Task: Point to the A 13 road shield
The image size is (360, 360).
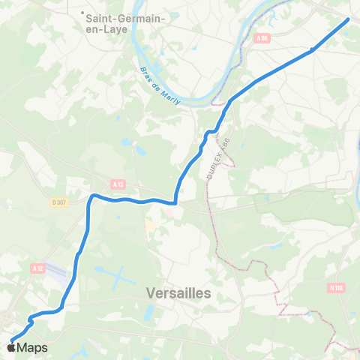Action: click(x=117, y=183)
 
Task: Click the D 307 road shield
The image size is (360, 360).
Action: click(x=59, y=202)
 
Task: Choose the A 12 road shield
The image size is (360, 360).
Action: click(x=39, y=267)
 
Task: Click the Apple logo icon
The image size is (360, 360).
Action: click(x=12, y=347)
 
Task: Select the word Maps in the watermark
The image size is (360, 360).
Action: click(x=32, y=348)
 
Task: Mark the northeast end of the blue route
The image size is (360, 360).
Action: click(x=348, y=19)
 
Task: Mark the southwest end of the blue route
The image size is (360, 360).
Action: click(x=12, y=342)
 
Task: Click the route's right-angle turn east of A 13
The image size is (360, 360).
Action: click(x=175, y=201)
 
